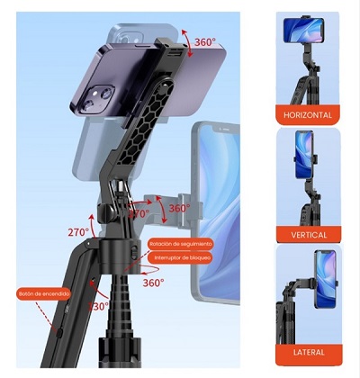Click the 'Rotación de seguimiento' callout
pos(181,243)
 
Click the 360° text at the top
pos(205,41)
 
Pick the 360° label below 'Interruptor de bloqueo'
pos(153,283)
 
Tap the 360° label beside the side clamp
pos(179,208)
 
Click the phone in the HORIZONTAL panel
pos(303,30)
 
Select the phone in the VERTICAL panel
pos(304,153)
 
